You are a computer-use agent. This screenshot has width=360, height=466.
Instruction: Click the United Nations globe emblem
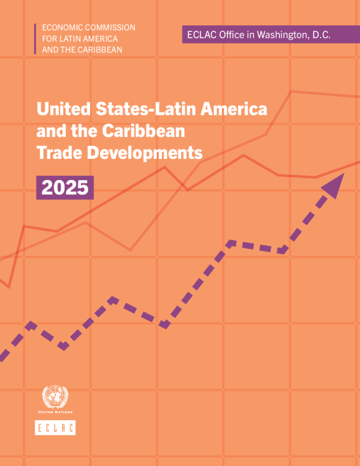tap(55, 397)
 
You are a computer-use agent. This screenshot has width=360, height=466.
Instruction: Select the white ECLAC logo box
tap(55, 428)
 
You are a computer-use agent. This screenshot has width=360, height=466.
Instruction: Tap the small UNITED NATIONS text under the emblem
tap(55, 413)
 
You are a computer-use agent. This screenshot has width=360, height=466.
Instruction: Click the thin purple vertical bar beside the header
tap(35, 38)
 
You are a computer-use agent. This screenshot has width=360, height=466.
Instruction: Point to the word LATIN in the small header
tap(69, 38)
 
